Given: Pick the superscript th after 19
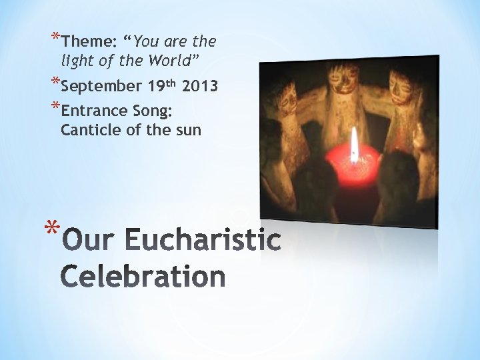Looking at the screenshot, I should pos(171,83).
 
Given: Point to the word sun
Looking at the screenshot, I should pos(187,129).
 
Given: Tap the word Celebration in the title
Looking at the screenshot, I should pos(143,275).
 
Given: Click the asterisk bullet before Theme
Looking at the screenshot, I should pos(54,37).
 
